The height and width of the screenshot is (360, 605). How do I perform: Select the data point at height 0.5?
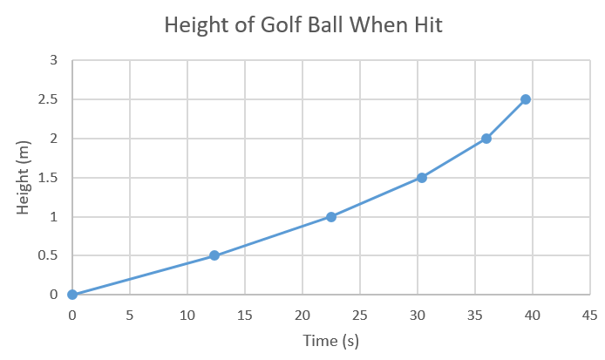coord(214,255)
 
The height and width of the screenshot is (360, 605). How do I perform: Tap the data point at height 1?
coord(331,217)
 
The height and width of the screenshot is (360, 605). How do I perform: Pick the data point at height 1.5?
coord(422,178)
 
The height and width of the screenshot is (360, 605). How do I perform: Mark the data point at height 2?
coord(486,139)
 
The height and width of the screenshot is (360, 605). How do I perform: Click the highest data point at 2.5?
coord(526,99)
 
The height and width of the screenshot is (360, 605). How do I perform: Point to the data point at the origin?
coord(72,295)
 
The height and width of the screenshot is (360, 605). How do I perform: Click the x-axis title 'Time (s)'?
coord(330,341)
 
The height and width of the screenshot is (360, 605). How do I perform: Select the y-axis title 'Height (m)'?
coord(24,179)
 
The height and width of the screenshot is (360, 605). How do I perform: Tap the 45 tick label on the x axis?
coord(590,315)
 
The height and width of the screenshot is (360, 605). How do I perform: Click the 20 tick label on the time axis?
coord(302,315)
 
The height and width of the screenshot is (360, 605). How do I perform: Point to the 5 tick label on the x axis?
coord(130,315)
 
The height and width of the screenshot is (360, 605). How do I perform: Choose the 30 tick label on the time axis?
coord(418,315)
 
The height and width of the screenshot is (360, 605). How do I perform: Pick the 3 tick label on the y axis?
coord(53,61)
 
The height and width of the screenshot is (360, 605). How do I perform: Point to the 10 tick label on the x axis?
coord(187,315)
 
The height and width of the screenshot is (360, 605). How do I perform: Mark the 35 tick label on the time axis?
coord(475,315)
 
